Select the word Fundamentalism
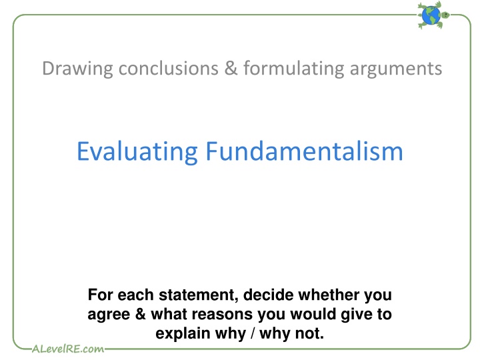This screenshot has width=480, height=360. pyautogui.click(x=304, y=151)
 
